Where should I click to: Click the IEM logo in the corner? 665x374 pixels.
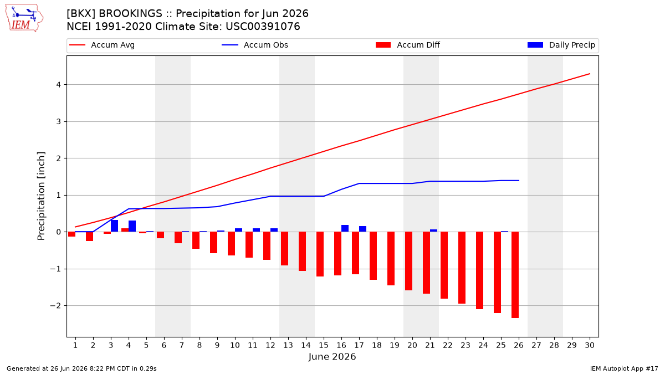[x=24, y=18]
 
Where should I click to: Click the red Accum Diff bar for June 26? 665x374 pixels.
[x=515, y=275]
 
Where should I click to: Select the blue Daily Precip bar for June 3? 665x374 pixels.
[x=114, y=226]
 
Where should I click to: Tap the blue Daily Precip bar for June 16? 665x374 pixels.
[x=345, y=228]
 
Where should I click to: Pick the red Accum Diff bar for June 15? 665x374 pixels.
[x=320, y=254]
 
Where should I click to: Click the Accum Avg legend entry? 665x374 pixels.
[x=102, y=45]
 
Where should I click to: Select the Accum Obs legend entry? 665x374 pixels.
[x=255, y=45]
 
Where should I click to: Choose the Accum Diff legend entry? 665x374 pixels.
[x=408, y=45]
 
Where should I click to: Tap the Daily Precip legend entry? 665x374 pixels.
[x=561, y=45]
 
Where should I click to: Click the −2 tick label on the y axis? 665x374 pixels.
[x=55, y=306]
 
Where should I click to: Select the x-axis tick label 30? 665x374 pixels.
[x=590, y=345]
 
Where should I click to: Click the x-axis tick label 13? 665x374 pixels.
[x=288, y=345]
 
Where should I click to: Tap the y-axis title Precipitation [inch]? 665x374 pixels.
[x=41, y=196]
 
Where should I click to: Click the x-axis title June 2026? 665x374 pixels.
[x=332, y=357]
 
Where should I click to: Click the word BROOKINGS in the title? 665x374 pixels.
[x=131, y=14]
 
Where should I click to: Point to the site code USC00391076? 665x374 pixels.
[x=263, y=27]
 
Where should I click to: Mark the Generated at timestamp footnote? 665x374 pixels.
[x=81, y=368]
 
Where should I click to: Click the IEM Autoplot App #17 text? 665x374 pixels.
[x=624, y=368]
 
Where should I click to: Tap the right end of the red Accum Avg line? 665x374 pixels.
[x=590, y=74]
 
